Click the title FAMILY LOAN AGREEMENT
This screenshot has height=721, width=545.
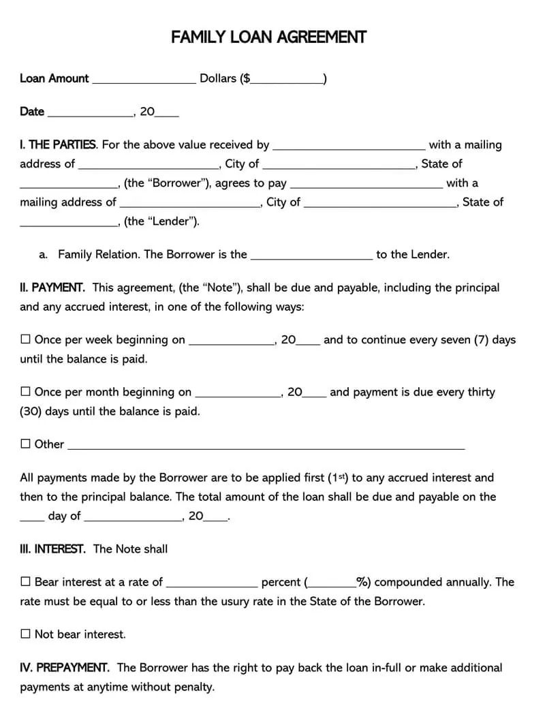coord(268,37)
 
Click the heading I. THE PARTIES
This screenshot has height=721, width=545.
coord(58,144)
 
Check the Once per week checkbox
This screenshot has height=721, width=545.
coord(26,339)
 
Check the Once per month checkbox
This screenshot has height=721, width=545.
coord(26,392)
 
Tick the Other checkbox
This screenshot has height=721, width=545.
coord(26,444)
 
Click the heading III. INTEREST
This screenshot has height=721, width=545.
coord(52,549)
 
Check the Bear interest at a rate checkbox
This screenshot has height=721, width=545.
coord(26,582)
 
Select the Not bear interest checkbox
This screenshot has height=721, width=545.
coord(26,634)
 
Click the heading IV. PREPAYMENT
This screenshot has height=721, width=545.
coord(64,668)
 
